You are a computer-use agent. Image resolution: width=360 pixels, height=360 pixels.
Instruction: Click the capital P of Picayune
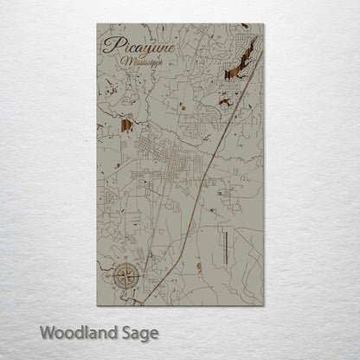click(x=108, y=45)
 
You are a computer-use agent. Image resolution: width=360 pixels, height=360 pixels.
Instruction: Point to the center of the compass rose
click(x=123, y=276)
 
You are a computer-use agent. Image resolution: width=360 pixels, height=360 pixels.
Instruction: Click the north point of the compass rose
click(x=123, y=263)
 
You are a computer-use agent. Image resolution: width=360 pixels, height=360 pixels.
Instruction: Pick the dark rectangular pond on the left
click(x=126, y=125)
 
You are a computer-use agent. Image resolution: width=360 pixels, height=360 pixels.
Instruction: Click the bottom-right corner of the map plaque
click(x=262, y=305)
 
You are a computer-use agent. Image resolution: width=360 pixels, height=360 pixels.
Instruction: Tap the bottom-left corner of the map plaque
click(x=97, y=305)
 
